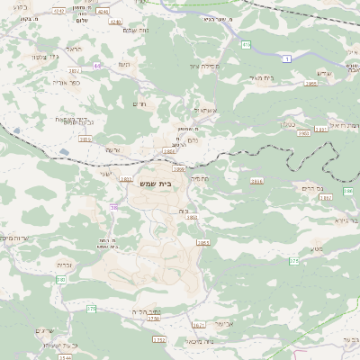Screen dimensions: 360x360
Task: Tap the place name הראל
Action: click(x=75, y=49)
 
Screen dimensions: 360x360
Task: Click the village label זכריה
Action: click(x=64, y=265)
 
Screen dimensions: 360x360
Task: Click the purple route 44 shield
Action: click(x=97, y=66)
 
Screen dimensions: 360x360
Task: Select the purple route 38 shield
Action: click(x=114, y=208)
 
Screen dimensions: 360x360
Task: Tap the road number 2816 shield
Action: click(x=257, y=181)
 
